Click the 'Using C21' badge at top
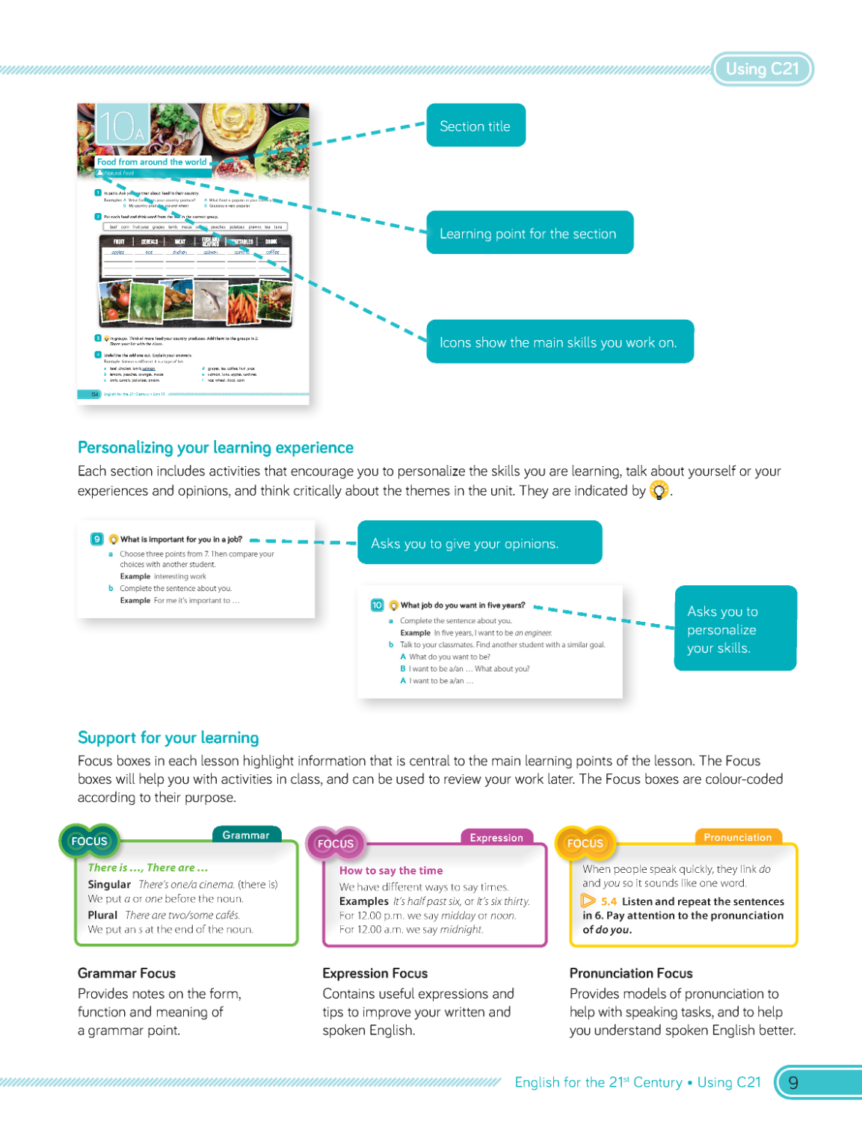tap(762, 70)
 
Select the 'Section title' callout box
tap(475, 126)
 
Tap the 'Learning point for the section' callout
tap(529, 233)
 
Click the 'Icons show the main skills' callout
tap(559, 342)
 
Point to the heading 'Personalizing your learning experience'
tap(215, 448)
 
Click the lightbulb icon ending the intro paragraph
tap(659, 490)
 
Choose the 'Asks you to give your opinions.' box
tap(479, 543)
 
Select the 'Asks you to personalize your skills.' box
tap(736, 629)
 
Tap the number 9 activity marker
tap(97, 539)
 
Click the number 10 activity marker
tap(377, 605)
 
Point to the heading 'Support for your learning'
tap(168, 738)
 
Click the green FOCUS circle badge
tap(89, 841)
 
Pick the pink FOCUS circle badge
tap(336, 844)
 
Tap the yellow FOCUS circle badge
tap(585, 843)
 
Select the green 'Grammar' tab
tap(246, 835)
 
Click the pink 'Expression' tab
tap(496, 838)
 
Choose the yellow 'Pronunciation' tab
tap(737, 837)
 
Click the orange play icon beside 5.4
tap(589, 901)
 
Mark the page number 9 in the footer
tap(793, 1082)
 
